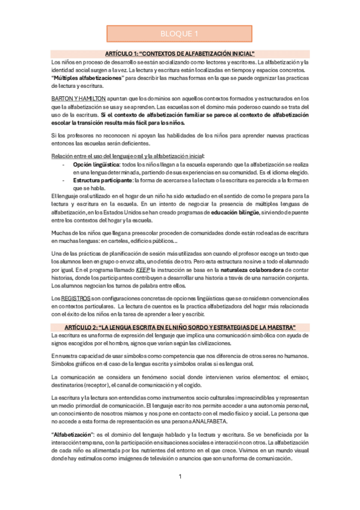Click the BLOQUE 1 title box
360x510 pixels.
coord(180,34)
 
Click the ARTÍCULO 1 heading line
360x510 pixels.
coord(180,54)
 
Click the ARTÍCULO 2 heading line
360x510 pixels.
coord(180,327)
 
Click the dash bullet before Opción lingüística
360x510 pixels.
coord(64,164)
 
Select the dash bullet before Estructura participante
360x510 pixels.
coord(64,180)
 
